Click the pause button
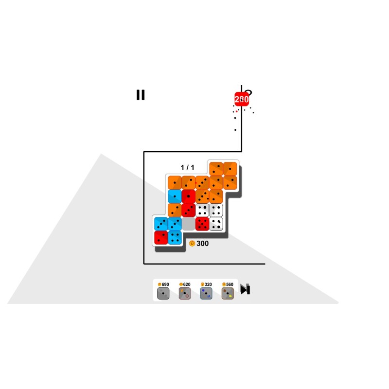(141, 95)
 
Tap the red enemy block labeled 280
(241, 99)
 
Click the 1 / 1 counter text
(187, 167)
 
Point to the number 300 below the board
(202, 244)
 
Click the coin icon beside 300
(192, 244)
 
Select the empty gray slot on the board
(188, 224)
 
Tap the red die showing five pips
(202, 224)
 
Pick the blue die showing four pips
(175, 237)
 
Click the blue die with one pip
(175, 196)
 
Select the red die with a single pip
(188, 196)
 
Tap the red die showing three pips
(188, 210)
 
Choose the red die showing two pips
(161, 237)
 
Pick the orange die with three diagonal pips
(202, 183)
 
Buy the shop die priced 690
(163, 293)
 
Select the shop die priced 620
(185, 293)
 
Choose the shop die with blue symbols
(206, 293)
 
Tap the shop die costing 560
(228, 293)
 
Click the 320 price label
(208, 284)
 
